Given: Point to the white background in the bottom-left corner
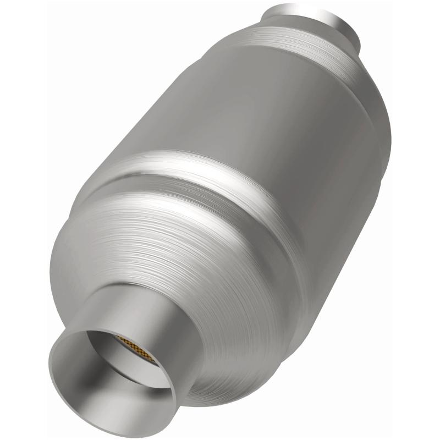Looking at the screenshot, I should point(22,418).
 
